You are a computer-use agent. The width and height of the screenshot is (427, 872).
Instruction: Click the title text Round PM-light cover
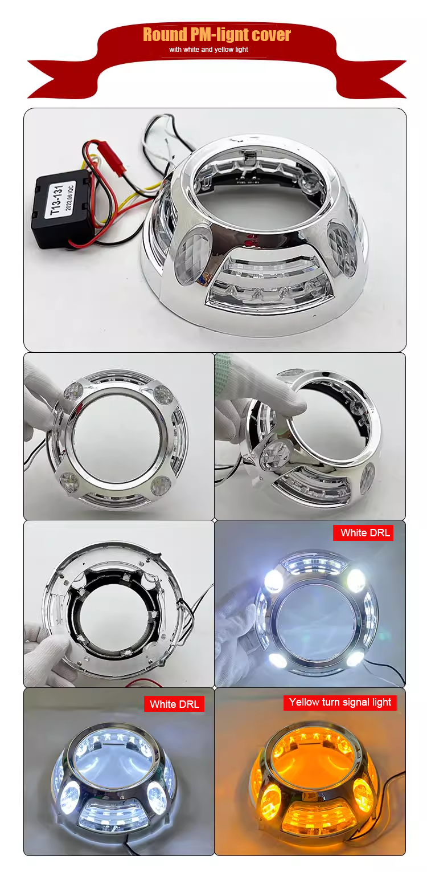tap(216, 35)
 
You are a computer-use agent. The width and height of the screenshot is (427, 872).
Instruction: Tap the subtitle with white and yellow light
tap(208, 50)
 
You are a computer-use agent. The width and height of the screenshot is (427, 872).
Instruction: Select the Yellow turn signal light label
tap(340, 702)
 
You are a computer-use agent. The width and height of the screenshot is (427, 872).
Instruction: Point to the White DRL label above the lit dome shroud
tap(174, 704)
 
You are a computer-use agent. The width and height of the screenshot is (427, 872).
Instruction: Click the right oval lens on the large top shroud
tap(342, 248)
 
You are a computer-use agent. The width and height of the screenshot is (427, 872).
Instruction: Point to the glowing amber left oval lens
tap(270, 801)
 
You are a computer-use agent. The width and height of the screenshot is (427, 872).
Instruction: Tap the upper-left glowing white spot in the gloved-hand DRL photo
tap(274, 580)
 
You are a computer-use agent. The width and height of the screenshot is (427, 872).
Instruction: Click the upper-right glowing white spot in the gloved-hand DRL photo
tap(356, 580)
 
